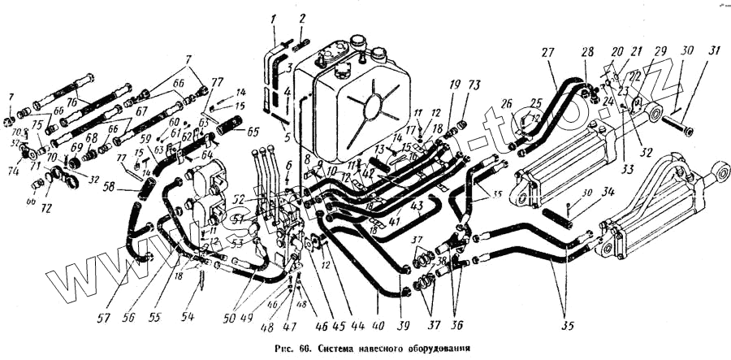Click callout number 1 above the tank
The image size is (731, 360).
pyautogui.click(x=274, y=20)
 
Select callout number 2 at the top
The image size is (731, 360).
pyautogui.click(x=302, y=20)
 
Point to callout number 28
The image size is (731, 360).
pyautogui.click(x=587, y=53)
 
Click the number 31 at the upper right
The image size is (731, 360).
pyautogui.click(x=714, y=52)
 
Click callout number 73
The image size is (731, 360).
pyautogui.click(x=474, y=85)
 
